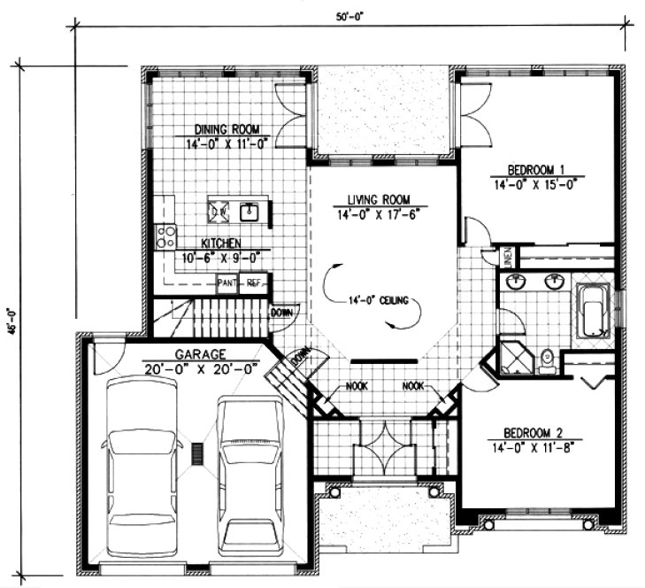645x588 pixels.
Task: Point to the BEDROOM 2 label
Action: click(534, 432)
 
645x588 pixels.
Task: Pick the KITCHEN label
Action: click(220, 243)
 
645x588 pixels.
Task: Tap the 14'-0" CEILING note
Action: click(374, 300)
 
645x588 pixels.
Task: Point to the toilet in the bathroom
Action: click(546, 359)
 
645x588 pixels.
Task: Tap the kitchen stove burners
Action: click(165, 235)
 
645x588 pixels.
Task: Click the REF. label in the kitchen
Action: click(253, 283)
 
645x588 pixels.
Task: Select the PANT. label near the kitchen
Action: click(227, 283)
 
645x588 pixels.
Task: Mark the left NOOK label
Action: click(357, 386)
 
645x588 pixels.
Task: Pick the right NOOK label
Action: click(414, 386)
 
